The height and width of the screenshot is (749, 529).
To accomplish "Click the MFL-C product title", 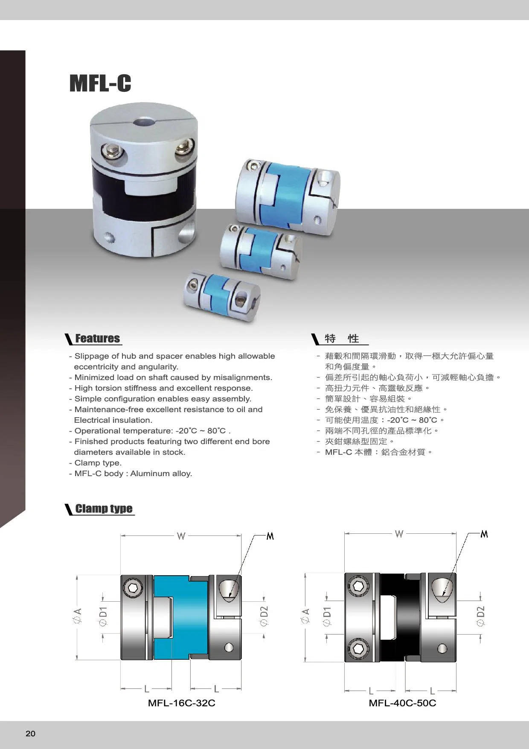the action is (x=100, y=83).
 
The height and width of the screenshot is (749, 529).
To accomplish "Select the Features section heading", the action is (x=98, y=338).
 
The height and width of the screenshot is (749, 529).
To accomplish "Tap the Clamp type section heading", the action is (x=104, y=509).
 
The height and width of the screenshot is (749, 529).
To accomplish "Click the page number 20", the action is (x=31, y=734).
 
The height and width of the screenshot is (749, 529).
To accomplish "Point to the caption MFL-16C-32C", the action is (x=181, y=703).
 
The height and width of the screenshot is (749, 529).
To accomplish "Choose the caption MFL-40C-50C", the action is (x=402, y=703).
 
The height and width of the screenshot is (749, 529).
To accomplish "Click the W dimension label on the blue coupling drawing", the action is (x=181, y=535).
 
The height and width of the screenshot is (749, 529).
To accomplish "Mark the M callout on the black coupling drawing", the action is (x=484, y=534).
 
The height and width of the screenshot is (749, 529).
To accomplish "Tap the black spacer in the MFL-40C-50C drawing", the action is (x=400, y=617).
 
